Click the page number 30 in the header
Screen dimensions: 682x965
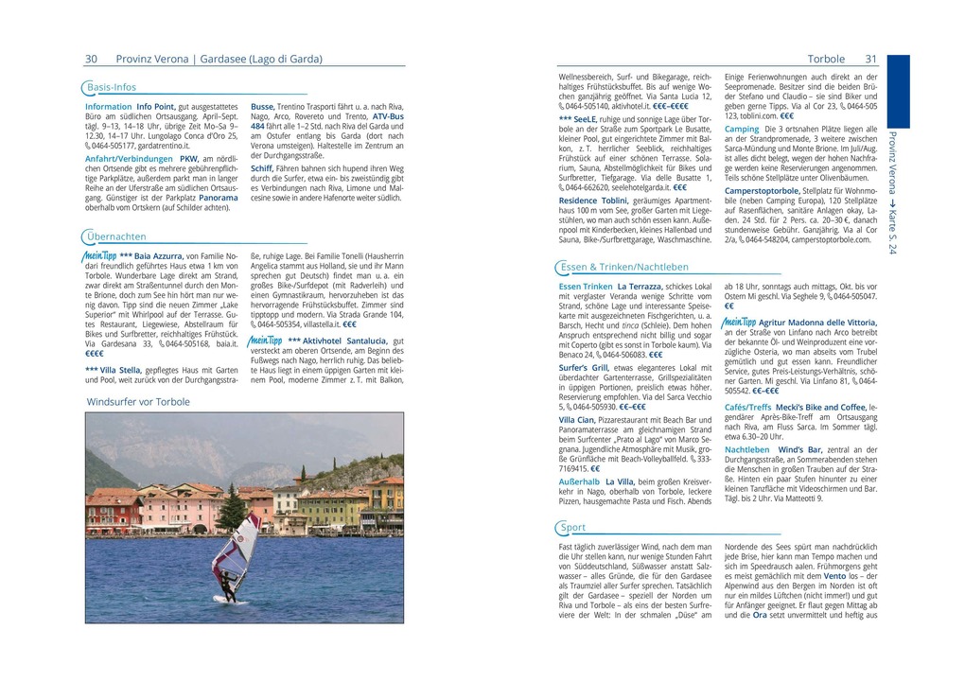coord(92,59)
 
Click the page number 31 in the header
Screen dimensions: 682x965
coord(871,59)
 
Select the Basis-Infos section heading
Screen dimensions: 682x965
coord(111,87)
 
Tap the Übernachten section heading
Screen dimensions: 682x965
coord(115,236)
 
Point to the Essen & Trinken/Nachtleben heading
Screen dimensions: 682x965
coord(623,267)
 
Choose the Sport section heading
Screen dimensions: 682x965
coord(572,527)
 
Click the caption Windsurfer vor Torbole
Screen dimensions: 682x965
coord(138,402)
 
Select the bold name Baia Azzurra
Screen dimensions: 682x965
coord(159,256)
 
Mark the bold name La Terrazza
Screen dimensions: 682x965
coord(640,286)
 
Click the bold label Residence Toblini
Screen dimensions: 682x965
coord(593,201)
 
